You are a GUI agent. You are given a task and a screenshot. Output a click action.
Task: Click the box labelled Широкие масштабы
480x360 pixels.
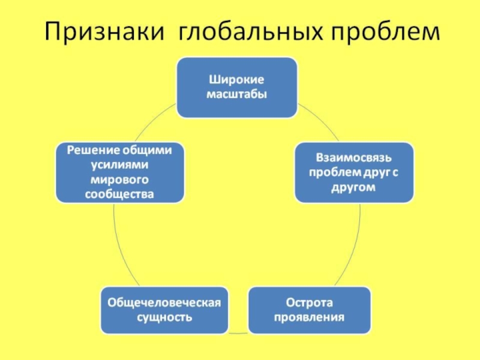tap(236, 88)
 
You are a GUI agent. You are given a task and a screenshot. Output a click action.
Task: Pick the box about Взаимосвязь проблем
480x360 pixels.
tap(353, 172)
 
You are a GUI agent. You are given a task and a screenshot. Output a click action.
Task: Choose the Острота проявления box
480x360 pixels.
tap(309, 310)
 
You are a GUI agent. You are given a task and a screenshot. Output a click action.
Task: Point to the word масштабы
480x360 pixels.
tap(236, 95)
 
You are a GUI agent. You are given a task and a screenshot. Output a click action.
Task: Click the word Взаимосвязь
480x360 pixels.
tap(353, 158)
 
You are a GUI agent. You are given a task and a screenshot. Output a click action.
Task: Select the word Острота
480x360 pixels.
tap(309, 302)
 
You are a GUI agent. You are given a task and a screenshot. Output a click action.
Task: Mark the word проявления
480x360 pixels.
tap(309, 317)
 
